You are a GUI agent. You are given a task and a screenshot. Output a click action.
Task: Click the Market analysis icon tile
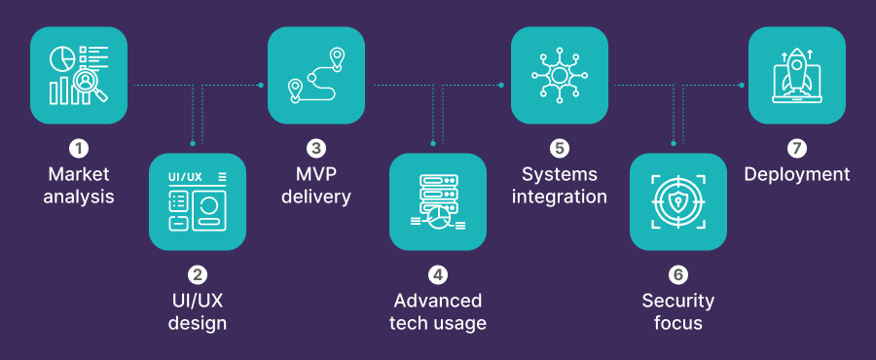coord(79,75)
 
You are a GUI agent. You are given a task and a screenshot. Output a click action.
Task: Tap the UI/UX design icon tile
coord(198,201)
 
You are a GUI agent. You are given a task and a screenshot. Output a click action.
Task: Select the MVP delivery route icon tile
coord(316,75)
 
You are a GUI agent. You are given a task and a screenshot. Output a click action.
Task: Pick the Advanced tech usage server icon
coord(437,201)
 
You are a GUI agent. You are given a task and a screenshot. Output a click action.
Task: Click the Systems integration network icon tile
coord(560,75)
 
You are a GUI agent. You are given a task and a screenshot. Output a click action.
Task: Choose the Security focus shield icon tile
coord(678,201)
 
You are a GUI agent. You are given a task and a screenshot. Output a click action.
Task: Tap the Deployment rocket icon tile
coord(797,75)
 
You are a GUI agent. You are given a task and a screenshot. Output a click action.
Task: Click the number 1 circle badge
coord(79,149)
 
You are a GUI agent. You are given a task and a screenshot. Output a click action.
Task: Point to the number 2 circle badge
coord(198,275)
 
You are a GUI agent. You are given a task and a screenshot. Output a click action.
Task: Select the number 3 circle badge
coord(316,149)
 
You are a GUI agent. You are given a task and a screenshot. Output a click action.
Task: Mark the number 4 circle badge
coord(438,275)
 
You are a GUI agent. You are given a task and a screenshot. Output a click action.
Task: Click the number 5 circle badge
coord(560,149)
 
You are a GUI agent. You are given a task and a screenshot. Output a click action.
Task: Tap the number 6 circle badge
coord(678,275)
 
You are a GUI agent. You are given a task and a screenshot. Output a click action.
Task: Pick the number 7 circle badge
coord(797,149)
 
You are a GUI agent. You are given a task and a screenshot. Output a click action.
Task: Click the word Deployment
coord(797,175)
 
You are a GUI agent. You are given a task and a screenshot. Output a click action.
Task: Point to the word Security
coord(678,301)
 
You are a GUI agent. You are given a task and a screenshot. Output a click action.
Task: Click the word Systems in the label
coord(560,175)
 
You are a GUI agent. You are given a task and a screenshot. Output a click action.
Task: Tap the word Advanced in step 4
coord(438,301)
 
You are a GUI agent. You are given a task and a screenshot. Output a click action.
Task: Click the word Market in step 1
coord(79,175)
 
